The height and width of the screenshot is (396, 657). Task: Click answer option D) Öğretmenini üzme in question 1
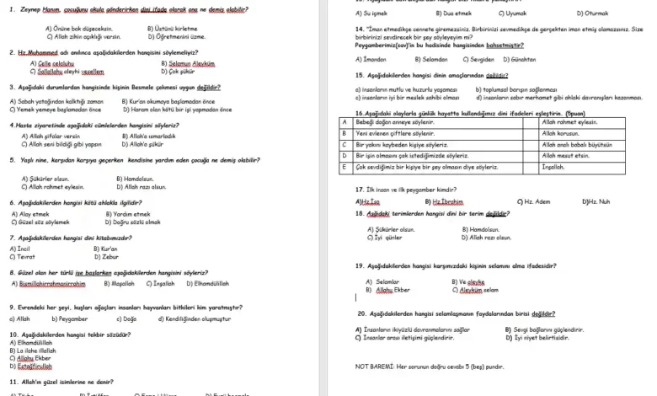tap(175, 37)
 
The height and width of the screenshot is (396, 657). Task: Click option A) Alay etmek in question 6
tap(29, 214)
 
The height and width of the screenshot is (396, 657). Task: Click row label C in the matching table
tap(344, 144)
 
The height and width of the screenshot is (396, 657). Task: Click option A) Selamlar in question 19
tap(382, 281)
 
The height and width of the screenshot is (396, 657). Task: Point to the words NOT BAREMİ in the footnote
tap(373, 367)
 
